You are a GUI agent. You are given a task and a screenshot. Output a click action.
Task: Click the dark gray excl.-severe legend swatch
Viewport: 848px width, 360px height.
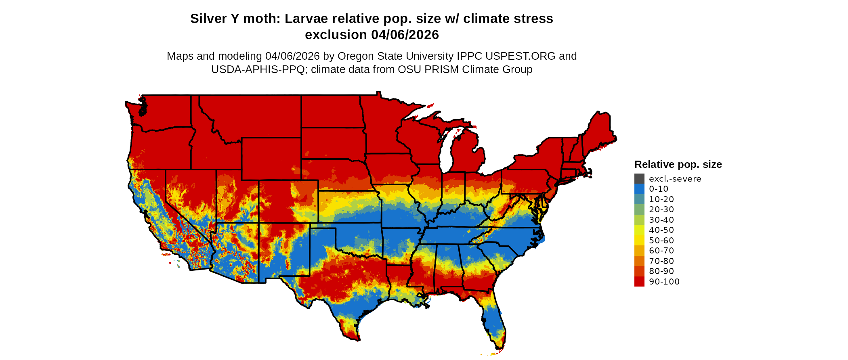[x=639, y=179]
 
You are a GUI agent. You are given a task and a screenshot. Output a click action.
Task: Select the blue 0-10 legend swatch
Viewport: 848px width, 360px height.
[x=639, y=189]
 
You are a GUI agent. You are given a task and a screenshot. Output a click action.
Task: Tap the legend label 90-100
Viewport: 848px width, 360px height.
[x=664, y=282]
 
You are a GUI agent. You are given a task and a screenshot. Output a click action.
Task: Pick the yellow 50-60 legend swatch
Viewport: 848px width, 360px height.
[x=639, y=241]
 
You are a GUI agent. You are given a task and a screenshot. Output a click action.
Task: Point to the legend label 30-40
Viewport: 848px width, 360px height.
[x=661, y=220]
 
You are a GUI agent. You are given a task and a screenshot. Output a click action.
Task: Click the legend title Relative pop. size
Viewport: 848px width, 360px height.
[x=678, y=165]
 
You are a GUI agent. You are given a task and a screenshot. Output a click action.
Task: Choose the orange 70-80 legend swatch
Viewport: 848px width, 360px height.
[x=639, y=261]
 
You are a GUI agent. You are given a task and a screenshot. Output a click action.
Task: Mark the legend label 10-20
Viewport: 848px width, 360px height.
[x=661, y=199]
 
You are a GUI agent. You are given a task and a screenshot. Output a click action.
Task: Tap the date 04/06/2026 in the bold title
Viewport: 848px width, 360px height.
[x=405, y=35]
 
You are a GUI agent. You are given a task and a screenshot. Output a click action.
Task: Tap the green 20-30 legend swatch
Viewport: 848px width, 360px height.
[x=639, y=209]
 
